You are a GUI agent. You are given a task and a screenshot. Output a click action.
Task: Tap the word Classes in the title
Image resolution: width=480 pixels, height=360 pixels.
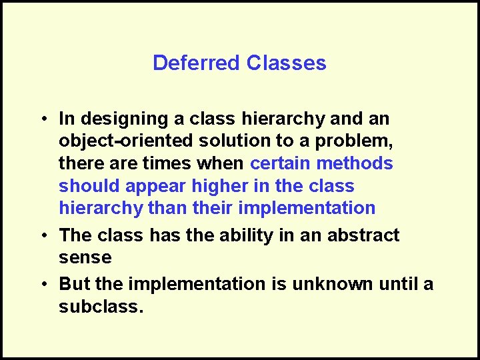(286, 63)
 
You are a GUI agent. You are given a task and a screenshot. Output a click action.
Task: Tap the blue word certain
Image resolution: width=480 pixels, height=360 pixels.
(281, 163)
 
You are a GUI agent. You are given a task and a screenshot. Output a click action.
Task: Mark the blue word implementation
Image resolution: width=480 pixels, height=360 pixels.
(307, 208)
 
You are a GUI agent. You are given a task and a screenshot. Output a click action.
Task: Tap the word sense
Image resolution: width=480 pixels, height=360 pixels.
(85, 257)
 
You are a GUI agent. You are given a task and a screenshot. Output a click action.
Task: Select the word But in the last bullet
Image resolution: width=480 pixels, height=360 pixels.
(75, 284)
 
